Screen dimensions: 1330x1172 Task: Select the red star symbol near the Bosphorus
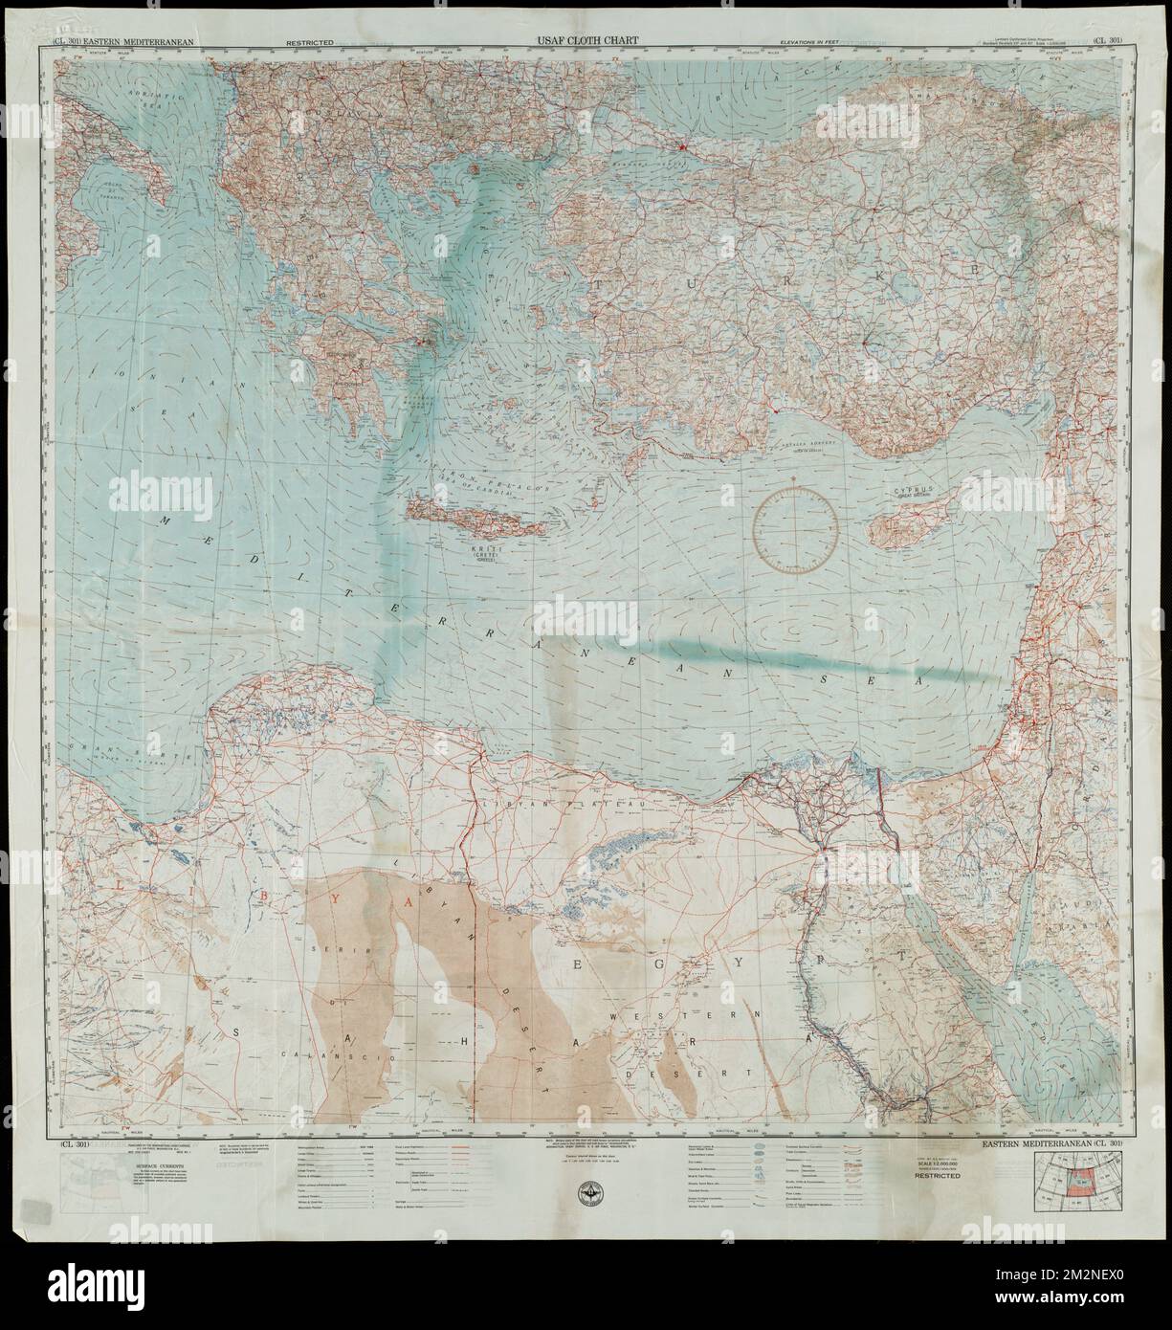(x=681, y=147)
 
